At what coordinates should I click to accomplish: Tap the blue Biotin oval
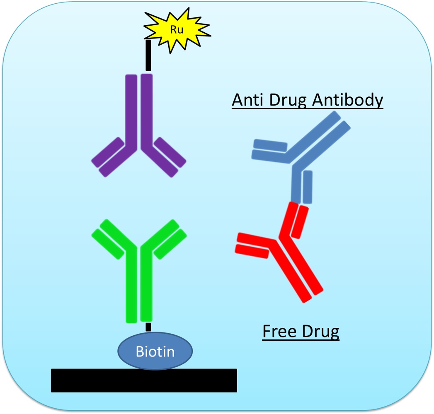tap(155, 351)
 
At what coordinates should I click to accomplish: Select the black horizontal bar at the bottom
tap(144, 380)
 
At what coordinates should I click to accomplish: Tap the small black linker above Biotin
tap(148, 327)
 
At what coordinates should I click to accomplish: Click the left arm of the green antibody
tap(110, 239)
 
